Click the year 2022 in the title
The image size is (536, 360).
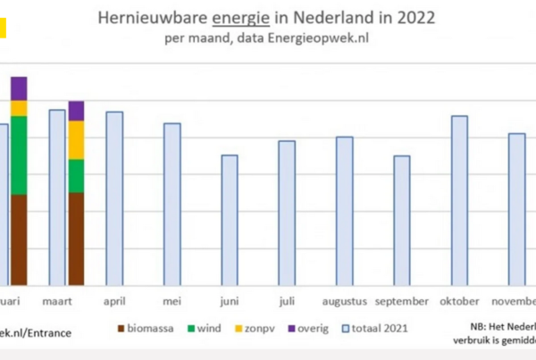point(392,18)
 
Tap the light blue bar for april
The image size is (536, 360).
point(114,197)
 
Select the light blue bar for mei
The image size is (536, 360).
point(172,203)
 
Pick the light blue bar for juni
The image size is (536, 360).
point(230,219)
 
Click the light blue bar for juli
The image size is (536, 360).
point(287,212)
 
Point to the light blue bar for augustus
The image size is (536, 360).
point(344,210)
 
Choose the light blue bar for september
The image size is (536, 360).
point(402,219)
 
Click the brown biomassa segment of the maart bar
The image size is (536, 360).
point(76,238)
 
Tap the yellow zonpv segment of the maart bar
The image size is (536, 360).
point(76,139)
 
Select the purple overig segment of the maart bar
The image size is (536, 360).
point(76,111)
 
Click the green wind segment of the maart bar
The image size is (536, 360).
point(76,176)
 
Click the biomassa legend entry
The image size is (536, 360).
point(148,328)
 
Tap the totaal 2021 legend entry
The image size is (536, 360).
point(376,328)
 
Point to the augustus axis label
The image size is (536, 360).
point(344,301)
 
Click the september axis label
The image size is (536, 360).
point(403,301)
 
